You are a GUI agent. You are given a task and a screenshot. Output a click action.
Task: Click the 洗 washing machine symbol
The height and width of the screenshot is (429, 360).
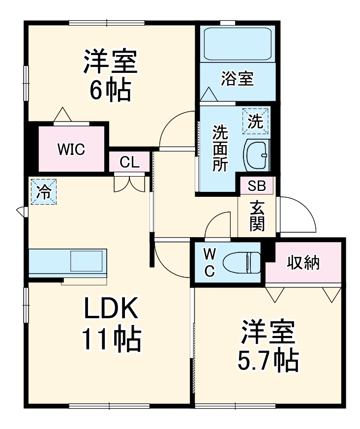256,121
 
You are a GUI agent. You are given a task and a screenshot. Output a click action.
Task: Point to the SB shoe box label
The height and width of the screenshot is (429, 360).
256,185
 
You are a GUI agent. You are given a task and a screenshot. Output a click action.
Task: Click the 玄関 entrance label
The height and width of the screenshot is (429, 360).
257,216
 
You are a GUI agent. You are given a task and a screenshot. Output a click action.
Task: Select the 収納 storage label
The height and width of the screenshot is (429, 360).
303,263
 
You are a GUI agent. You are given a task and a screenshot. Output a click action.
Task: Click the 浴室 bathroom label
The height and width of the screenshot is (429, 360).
237,79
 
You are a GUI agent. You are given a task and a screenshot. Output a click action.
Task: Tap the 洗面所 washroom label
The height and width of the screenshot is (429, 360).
220,148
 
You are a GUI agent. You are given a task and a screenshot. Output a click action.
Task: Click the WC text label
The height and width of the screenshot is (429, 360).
210,263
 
